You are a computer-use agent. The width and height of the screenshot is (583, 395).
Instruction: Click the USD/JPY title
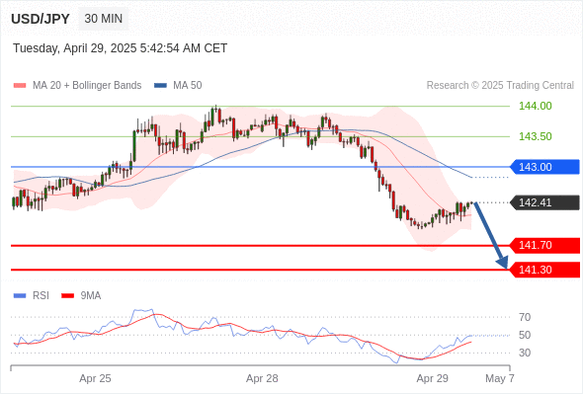[41, 19]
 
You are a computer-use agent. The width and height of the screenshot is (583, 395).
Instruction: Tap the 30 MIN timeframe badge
[104, 18]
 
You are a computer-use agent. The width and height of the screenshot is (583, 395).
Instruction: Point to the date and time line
[121, 48]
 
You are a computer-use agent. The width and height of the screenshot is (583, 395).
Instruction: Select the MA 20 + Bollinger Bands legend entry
[77, 86]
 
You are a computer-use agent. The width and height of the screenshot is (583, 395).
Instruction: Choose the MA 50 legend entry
[178, 86]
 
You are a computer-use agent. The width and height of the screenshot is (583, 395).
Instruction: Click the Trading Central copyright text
[500, 86]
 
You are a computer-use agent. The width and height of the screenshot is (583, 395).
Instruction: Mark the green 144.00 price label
[535, 106]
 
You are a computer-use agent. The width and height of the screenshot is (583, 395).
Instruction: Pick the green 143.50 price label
[535, 136]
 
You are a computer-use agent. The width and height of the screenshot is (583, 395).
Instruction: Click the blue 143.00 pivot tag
[544, 167]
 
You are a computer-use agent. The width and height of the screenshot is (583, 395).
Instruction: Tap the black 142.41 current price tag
[544, 202]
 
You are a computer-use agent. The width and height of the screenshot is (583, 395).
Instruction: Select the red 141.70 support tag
[544, 245]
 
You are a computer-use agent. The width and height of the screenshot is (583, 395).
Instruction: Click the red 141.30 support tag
[544, 270]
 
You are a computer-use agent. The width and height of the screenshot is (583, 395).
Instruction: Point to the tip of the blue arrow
[507, 269]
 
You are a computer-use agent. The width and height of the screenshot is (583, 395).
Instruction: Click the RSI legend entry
[32, 296]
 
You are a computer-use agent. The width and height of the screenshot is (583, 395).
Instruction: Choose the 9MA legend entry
[81, 296]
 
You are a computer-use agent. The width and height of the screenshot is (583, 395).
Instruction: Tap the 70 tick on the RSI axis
[525, 317]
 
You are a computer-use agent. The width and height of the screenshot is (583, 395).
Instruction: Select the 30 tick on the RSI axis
[525, 353]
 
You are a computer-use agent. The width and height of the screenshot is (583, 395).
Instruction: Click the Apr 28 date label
[262, 378]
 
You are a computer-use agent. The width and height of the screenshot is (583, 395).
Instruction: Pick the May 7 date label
[500, 378]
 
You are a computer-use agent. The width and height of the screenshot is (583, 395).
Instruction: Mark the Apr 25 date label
[95, 378]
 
